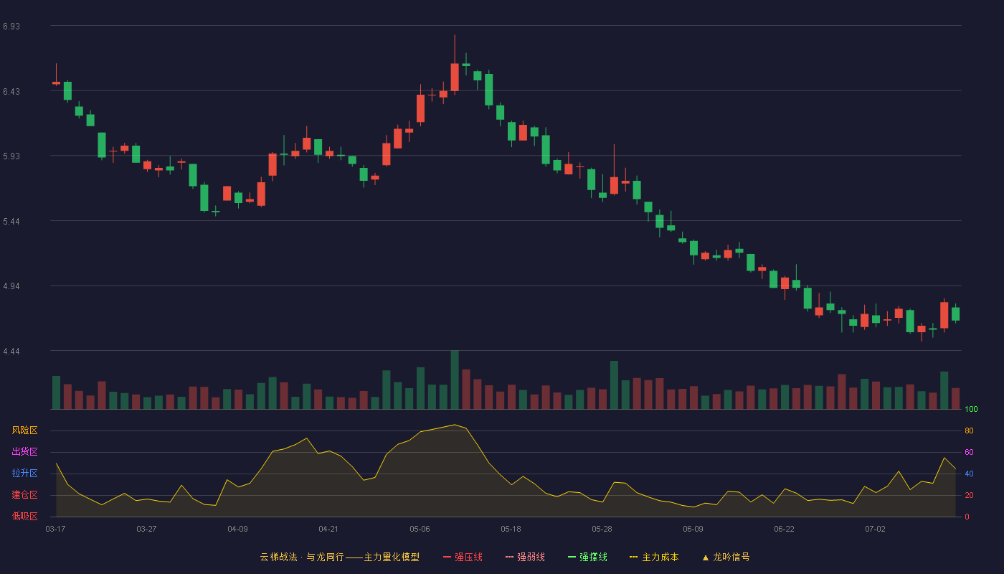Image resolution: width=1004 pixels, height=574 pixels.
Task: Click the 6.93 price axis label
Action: click(11, 27)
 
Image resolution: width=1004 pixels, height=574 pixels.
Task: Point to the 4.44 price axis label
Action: click(11, 352)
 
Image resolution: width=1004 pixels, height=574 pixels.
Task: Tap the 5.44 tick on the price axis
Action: click(11, 222)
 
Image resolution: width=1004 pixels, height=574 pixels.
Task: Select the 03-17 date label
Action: click(56, 530)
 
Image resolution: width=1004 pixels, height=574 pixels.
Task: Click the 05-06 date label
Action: click(420, 530)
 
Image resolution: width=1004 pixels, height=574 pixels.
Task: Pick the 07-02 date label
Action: click(875, 530)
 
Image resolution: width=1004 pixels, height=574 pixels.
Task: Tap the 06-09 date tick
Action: click(693, 530)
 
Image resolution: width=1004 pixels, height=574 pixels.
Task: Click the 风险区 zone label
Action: click(24, 430)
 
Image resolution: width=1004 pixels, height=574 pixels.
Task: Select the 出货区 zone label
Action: click(24, 451)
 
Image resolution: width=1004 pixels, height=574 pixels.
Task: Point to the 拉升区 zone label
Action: click(24, 473)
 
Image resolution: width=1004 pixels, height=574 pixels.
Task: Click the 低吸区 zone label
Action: click(24, 516)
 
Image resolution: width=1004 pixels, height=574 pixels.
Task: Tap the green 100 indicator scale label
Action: click(971, 409)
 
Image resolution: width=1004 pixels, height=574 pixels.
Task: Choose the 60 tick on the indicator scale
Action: click(969, 452)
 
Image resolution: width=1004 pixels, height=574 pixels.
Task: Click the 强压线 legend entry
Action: click(463, 557)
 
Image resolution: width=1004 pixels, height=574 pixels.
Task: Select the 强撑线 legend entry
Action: click(587, 557)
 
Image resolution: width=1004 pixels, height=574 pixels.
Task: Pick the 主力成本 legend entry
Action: click(654, 557)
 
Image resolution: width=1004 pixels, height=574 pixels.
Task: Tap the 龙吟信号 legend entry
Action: click(726, 557)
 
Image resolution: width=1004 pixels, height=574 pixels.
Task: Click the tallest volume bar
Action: click(455, 380)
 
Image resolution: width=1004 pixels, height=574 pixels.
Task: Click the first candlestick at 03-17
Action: click(56, 83)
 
